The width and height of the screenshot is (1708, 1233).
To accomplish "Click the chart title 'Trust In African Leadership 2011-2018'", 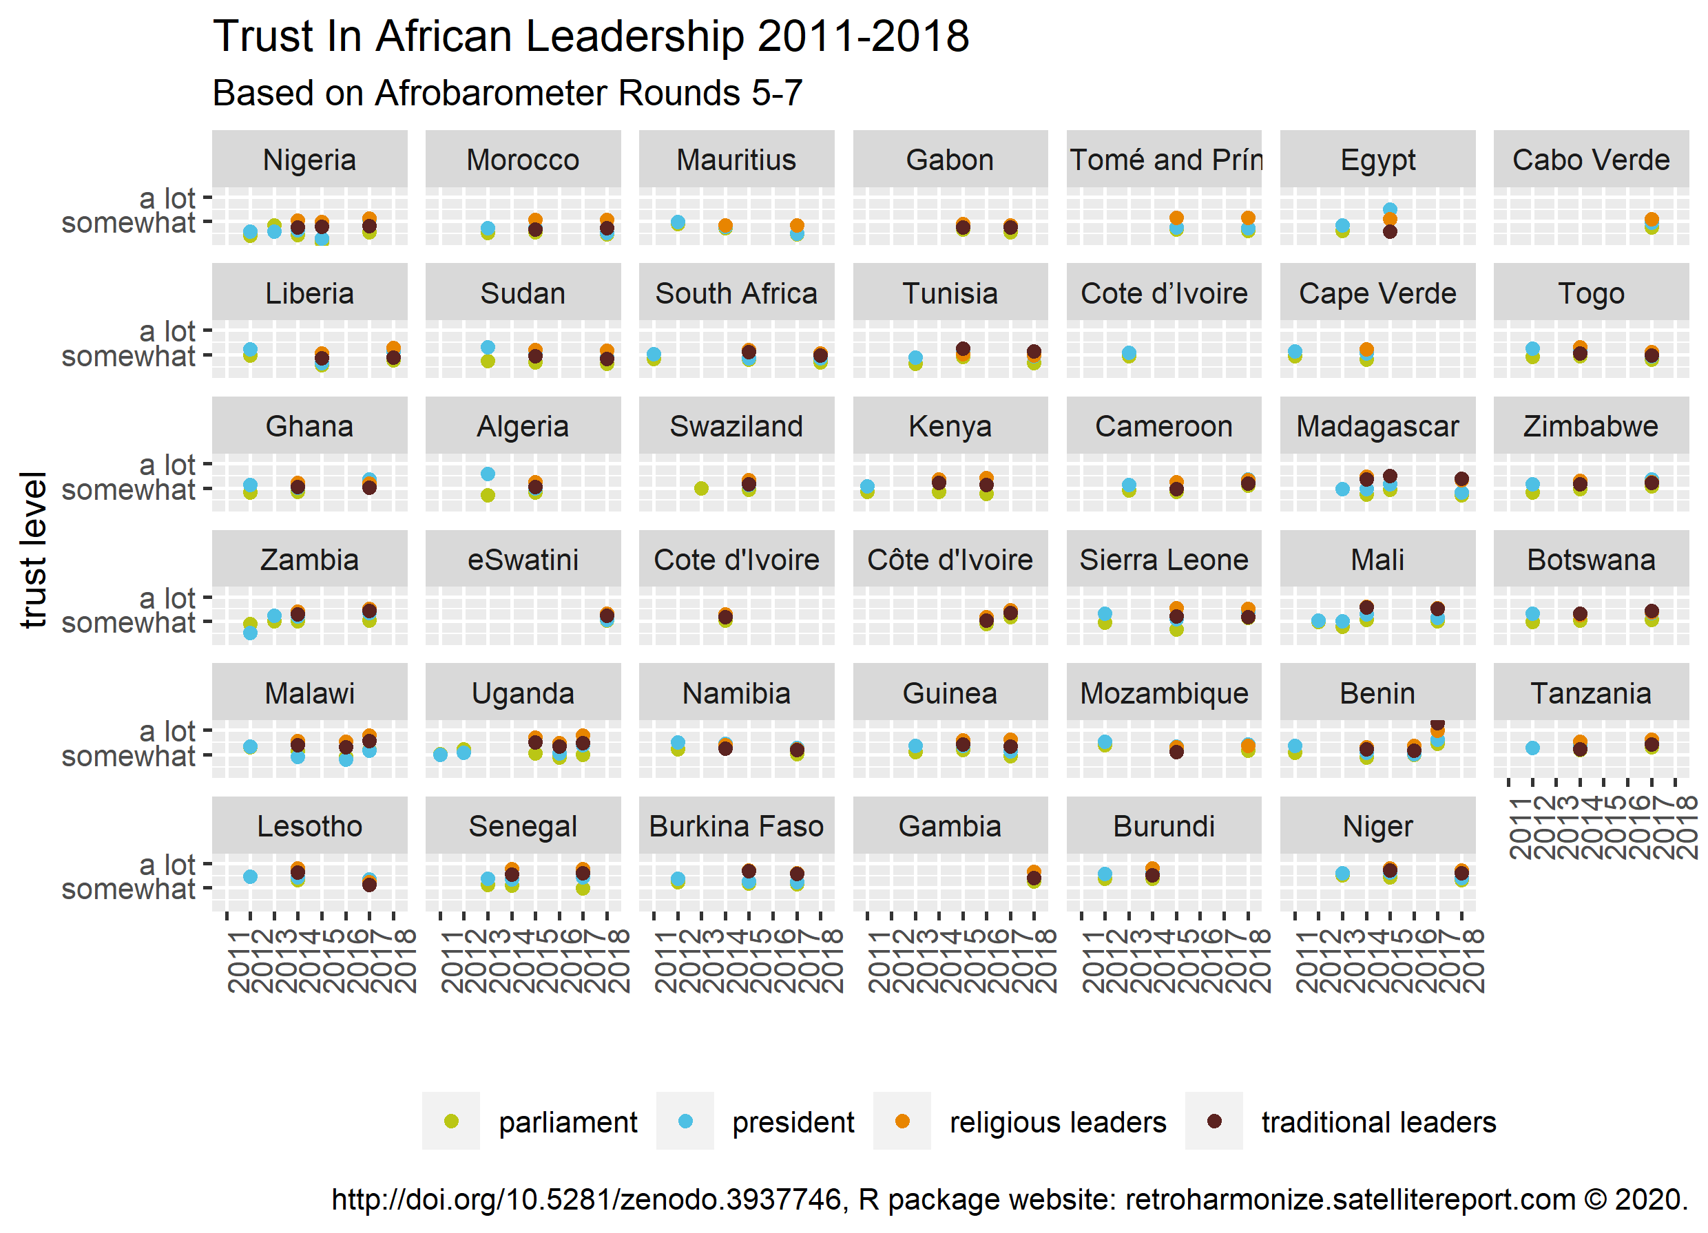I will click(590, 36).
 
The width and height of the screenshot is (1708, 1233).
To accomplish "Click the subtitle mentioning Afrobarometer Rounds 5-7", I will click(507, 94).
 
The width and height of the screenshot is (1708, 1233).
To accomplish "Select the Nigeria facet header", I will click(309, 160).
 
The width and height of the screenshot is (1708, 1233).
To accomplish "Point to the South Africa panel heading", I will click(736, 293).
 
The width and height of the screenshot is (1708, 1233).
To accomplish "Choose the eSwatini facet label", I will click(523, 560).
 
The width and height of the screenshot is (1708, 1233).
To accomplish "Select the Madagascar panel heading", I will click(1377, 427).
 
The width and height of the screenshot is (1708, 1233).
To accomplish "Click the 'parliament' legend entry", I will click(567, 1122).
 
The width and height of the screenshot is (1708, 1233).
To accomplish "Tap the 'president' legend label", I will click(792, 1122).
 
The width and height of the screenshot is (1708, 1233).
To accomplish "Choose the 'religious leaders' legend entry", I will click(1057, 1122).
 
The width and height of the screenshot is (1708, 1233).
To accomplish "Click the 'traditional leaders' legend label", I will click(1378, 1122).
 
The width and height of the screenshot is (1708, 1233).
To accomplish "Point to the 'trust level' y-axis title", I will click(33, 550).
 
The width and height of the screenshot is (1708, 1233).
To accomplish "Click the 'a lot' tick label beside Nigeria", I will click(167, 198).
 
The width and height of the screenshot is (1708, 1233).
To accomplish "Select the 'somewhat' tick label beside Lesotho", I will click(128, 889).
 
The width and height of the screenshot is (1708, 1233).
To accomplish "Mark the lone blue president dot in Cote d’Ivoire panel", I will click(1129, 353).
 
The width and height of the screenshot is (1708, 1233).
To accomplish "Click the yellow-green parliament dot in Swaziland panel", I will click(701, 489).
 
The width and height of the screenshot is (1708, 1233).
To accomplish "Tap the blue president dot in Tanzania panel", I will click(1532, 748).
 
